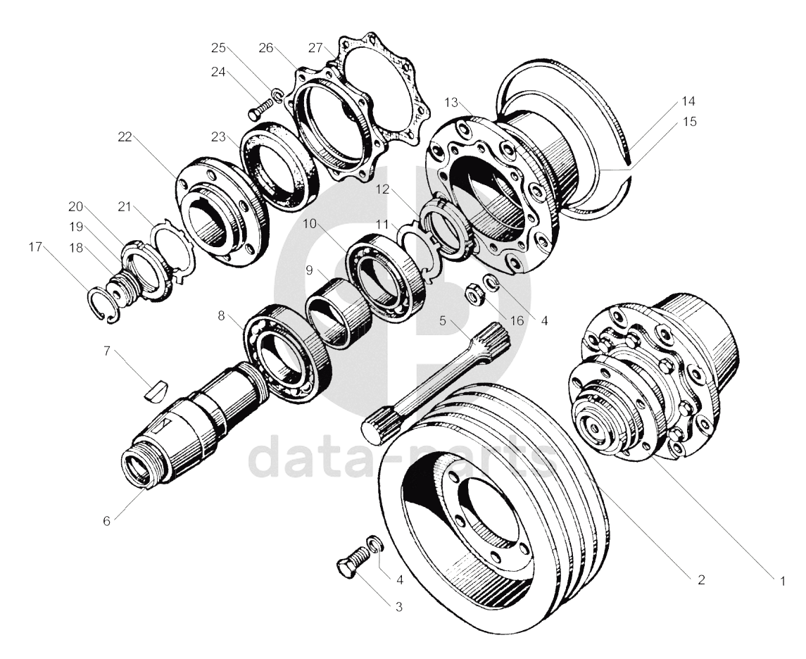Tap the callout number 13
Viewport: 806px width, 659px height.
[x=452, y=103]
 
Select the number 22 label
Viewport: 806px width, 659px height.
[x=125, y=138]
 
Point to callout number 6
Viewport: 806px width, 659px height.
[x=107, y=521]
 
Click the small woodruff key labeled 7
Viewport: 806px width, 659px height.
[x=156, y=389]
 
